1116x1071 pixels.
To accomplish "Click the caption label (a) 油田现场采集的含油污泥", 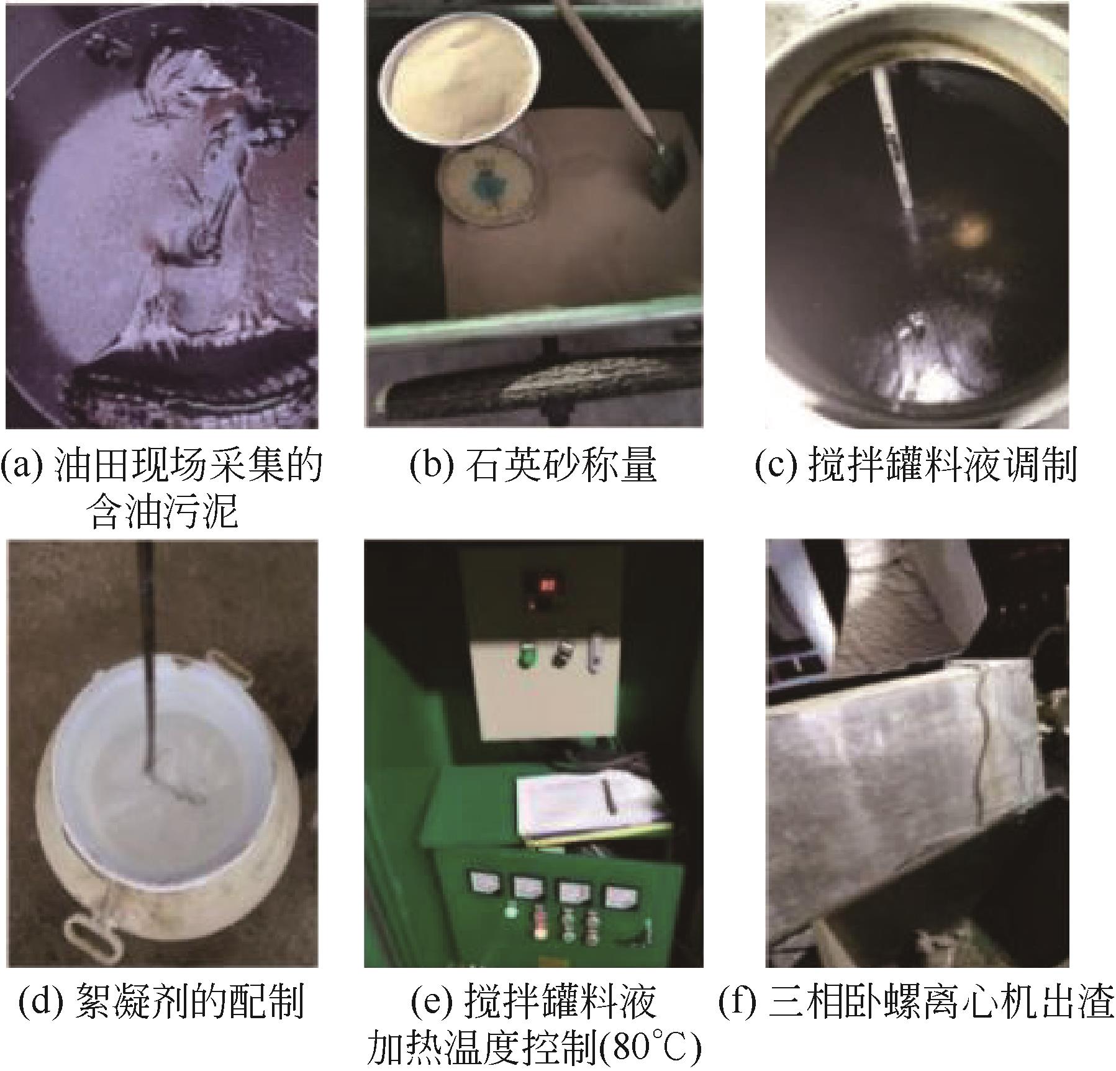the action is [161, 490].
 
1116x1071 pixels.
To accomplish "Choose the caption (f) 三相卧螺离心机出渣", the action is [916, 1003].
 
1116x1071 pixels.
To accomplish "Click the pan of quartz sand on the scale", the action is [459, 85].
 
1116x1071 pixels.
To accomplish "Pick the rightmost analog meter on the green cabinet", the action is [617, 895].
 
